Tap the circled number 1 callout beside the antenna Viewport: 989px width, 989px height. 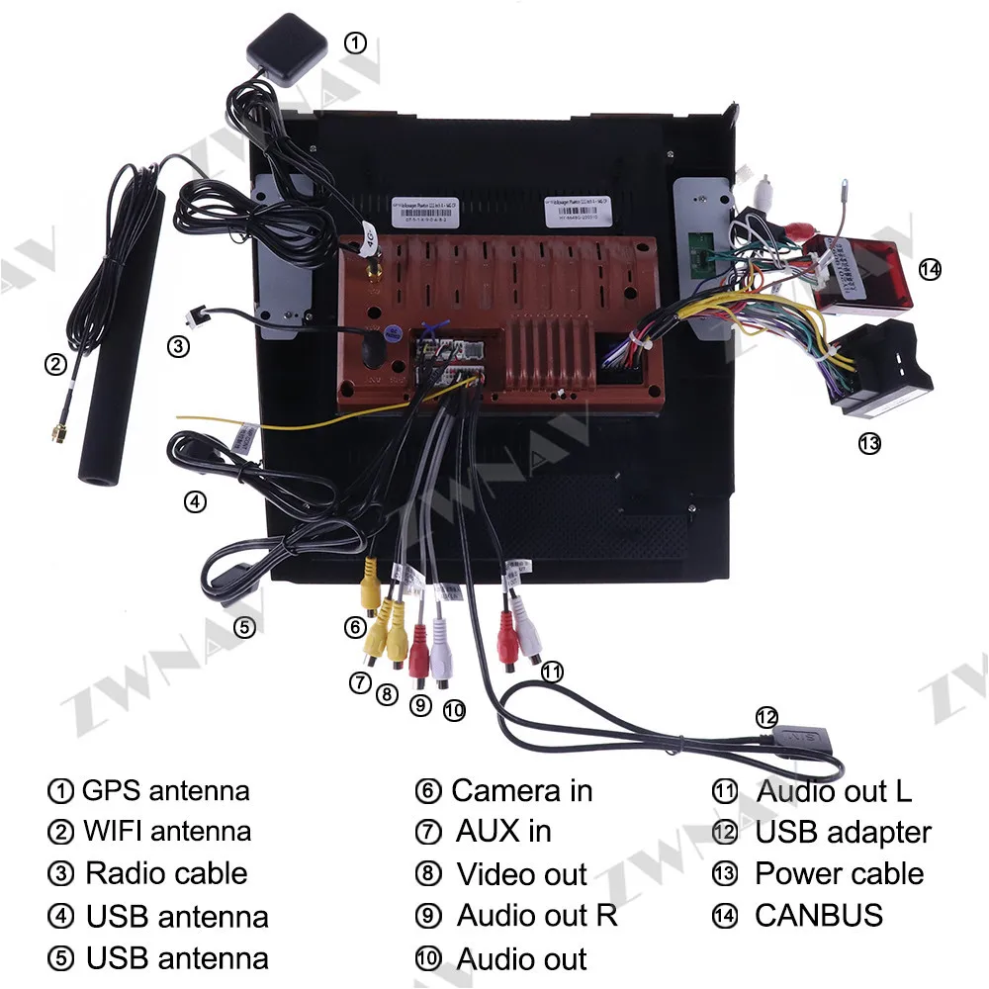point(355,43)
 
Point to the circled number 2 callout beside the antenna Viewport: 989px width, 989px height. point(55,365)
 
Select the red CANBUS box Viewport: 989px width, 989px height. point(858,273)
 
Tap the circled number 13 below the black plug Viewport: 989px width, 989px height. point(869,444)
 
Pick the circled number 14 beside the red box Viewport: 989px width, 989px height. point(930,268)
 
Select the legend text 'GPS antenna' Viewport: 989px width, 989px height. point(165,790)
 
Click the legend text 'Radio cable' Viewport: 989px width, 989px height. point(166,873)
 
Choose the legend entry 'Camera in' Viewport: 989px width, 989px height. point(521,790)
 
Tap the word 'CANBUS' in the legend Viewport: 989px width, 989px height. point(819,915)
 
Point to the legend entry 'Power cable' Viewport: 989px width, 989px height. point(839,873)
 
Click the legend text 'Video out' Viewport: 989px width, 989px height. point(521,874)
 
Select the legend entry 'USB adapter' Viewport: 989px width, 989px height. point(843,832)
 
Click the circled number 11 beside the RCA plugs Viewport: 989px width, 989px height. point(552,673)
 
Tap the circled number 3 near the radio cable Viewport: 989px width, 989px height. point(177,346)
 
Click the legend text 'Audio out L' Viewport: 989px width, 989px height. point(834,790)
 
